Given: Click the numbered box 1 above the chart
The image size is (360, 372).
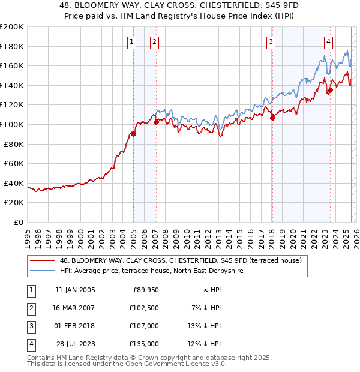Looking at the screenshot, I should pos(131,41).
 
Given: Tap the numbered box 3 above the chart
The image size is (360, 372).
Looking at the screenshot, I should pos(271,41).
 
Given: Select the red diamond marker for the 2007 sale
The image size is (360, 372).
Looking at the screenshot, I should pos(156,122).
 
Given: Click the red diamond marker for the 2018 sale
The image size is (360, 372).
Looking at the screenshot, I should pos(272,118).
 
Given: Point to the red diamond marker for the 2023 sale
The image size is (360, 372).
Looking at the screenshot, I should pos(329,91).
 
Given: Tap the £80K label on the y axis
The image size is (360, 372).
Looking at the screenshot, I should pos(14,143).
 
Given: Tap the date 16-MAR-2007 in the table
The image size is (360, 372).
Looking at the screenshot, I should pos(74,308).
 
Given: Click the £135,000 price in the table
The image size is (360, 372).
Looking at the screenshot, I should pos(144,344).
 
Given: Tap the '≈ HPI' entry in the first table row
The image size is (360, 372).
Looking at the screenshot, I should pos(210,290).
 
